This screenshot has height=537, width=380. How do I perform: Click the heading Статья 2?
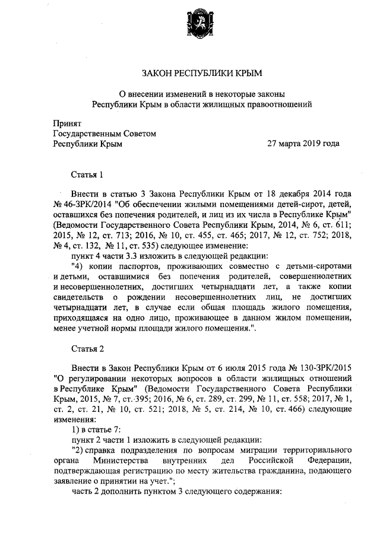coord(87,347)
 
